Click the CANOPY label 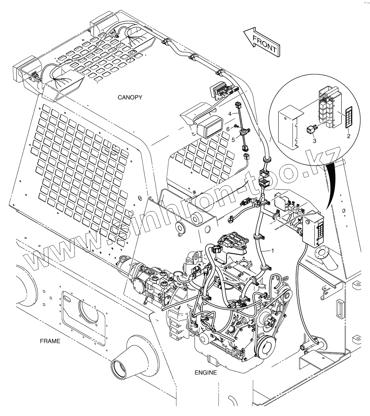[130, 98]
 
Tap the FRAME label [50, 341]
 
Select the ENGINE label [205, 373]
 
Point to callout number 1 [272, 250]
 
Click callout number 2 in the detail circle [349, 136]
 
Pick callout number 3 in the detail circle [314, 141]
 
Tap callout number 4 [230, 114]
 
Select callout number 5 [233, 139]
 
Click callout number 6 [228, 129]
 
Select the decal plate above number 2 [349, 117]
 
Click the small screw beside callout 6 [236, 127]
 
